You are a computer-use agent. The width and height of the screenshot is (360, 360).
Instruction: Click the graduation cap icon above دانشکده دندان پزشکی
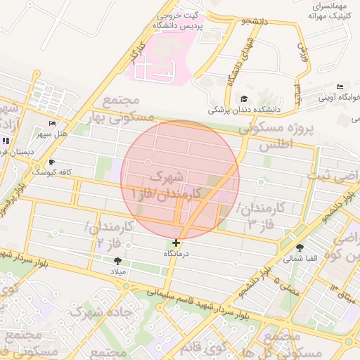[x=244, y=99]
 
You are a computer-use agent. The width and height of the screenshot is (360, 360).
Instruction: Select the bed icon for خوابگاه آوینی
[x=340, y=86]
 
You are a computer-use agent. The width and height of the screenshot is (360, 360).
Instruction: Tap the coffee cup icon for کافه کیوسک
[x=51, y=162]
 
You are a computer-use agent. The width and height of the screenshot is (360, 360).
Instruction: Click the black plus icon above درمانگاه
[x=176, y=243]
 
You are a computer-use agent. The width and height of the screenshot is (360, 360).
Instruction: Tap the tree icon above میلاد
[x=117, y=261]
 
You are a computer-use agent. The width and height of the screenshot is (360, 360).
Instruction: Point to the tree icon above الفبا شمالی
[x=301, y=247]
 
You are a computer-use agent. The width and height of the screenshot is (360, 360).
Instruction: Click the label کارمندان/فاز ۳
[x=261, y=215]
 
